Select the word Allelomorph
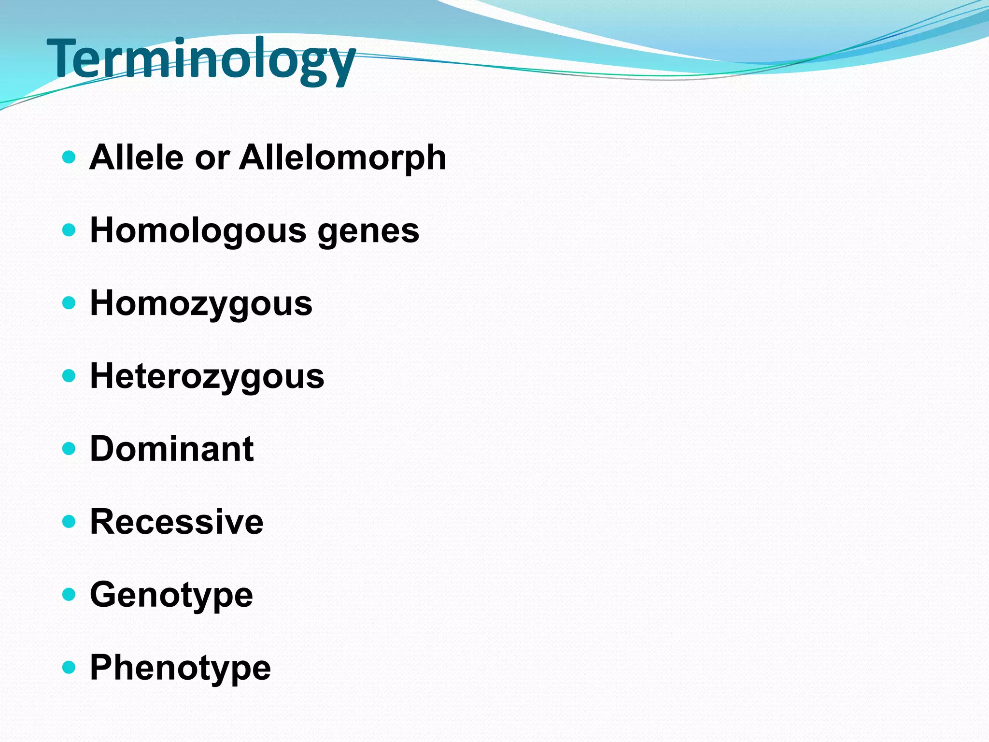342,157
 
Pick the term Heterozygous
207,377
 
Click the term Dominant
171,449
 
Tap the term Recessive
177,522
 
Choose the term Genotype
171,595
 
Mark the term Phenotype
180,668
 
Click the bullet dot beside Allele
69,157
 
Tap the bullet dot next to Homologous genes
69,230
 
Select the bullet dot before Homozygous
69,303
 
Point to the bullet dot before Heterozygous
69,376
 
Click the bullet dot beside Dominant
69,449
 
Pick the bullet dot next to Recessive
69,522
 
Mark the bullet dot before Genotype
69,595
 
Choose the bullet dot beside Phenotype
69,668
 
